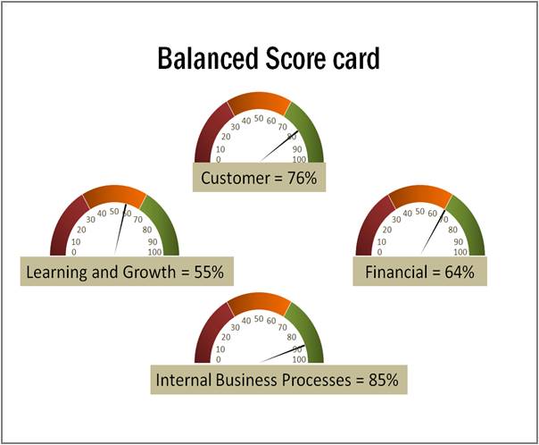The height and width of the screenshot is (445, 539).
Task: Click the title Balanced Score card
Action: [x=269, y=59]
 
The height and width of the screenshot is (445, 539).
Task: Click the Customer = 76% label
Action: [x=259, y=178]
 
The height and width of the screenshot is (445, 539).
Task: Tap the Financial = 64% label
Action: [x=419, y=272]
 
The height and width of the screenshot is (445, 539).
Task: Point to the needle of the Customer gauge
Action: [x=279, y=146]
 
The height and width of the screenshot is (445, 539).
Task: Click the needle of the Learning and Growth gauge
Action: [x=120, y=230]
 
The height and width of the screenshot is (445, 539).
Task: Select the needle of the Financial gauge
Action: [x=433, y=232]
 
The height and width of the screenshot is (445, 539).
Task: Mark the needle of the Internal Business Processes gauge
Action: [x=282, y=354]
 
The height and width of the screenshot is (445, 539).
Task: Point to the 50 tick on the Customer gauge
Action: [x=259, y=118]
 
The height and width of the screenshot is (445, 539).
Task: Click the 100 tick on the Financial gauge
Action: [x=460, y=252]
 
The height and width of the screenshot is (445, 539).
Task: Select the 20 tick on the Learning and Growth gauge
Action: [x=81, y=230]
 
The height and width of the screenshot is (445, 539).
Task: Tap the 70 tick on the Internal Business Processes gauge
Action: [x=282, y=327]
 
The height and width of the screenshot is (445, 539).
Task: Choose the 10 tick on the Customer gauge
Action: [x=220, y=149]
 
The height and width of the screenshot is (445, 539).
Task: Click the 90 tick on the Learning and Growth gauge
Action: [x=153, y=242]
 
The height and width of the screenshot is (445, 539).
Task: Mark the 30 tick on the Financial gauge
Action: [x=396, y=219]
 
